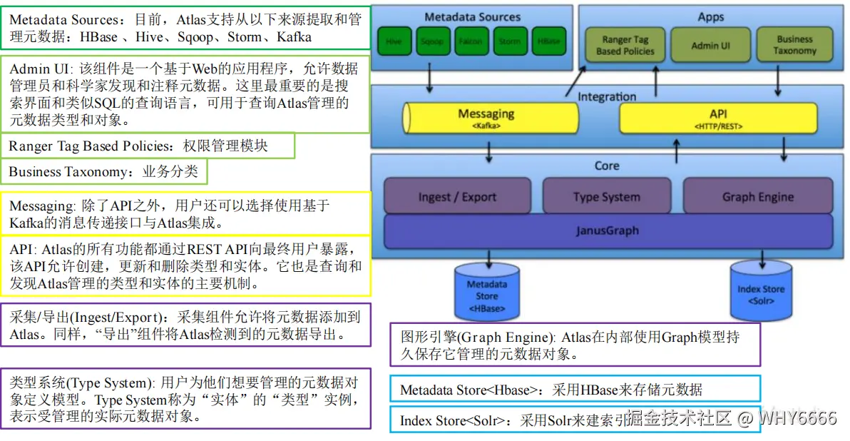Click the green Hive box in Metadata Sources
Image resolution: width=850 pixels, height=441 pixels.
click(394, 41)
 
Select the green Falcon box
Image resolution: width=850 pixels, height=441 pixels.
click(471, 41)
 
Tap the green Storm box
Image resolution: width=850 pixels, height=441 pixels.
click(509, 41)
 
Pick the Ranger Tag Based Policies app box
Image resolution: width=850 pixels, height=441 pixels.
click(625, 45)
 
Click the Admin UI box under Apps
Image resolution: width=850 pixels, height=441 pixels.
click(710, 45)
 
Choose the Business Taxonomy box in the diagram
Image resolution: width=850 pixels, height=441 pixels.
click(794, 45)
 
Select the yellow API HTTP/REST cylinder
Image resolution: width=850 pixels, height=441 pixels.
click(717, 118)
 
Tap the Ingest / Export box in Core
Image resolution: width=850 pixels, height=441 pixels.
click(457, 196)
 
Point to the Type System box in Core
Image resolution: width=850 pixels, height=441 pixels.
click(606, 196)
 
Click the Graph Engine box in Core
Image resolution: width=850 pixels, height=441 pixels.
click(757, 196)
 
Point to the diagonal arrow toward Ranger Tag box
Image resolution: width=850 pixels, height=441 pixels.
click(575, 81)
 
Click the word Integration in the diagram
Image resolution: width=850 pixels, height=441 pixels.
click(606, 96)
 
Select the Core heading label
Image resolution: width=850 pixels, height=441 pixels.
click(606, 166)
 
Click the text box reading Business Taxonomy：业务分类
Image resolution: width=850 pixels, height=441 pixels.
click(104, 172)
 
